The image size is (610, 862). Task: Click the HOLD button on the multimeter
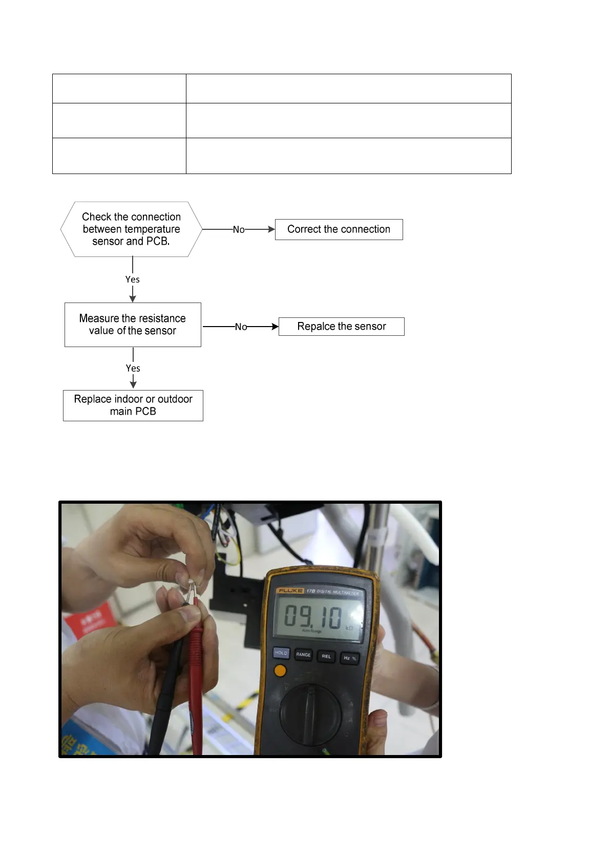[x=281, y=653]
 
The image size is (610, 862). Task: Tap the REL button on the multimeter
[x=326, y=656]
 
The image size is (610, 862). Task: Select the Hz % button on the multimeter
[x=350, y=658]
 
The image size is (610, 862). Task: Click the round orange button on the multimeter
[x=280, y=671]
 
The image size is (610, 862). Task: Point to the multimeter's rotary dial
[x=310, y=714]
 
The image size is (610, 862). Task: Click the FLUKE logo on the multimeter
[x=290, y=591]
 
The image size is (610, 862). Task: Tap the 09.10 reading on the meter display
[x=312, y=616]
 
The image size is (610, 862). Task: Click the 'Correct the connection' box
[x=339, y=229]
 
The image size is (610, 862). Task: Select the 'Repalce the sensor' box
[x=341, y=327]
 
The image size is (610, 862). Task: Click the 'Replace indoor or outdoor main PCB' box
[x=133, y=405]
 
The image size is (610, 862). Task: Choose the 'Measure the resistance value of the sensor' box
[x=133, y=325]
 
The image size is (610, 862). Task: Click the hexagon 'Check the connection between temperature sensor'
[x=131, y=229]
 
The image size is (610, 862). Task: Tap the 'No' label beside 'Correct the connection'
[x=239, y=230]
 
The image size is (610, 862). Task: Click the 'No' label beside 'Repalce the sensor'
[x=241, y=327]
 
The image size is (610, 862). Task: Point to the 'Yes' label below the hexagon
[x=133, y=279]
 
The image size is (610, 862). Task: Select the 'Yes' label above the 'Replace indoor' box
[x=133, y=369]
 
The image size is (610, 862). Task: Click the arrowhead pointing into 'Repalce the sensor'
[x=275, y=327]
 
